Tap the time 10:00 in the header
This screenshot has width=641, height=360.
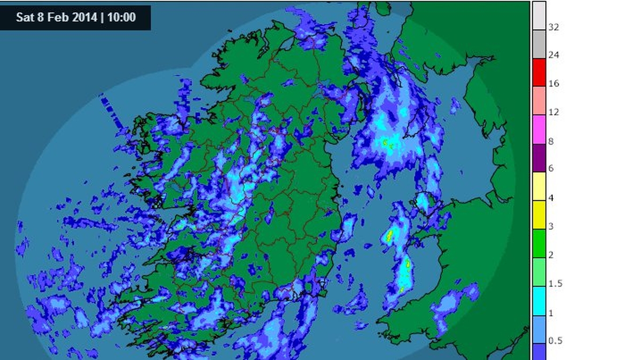(x=121, y=18)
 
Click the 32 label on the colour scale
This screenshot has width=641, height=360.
(x=553, y=27)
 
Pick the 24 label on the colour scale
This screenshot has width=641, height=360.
(x=553, y=55)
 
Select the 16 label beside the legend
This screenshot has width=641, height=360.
(x=553, y=84)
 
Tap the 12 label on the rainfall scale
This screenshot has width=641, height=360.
(x=553, y=112)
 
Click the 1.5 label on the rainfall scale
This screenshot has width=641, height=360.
(x=555, y=284)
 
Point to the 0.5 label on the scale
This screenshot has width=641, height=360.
(x=555, y=341)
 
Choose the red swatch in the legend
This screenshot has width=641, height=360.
(x=539, y=72)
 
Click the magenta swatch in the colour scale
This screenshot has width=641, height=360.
(x=539, y=129)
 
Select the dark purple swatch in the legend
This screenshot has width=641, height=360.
(x=539, y=158)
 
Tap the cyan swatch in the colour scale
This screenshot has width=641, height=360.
(x=539, y=301)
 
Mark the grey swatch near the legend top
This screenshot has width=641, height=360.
(x=539, y=44)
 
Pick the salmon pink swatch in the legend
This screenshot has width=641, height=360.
(x=539, y=100)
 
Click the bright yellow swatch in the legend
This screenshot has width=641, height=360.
(x=539, y=215)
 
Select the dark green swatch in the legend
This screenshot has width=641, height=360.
(x=539, y=244)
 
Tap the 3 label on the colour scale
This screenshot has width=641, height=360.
(x=551, y=226)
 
